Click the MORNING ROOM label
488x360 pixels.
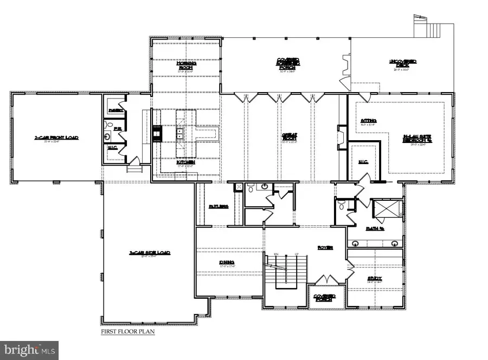coord(186,66)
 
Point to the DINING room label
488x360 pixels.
coord(223,263)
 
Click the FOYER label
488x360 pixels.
coord(325,247)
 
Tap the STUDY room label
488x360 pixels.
coord(368,279)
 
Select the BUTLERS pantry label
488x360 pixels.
coord(218,207)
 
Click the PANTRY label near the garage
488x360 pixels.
coord(115,110)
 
